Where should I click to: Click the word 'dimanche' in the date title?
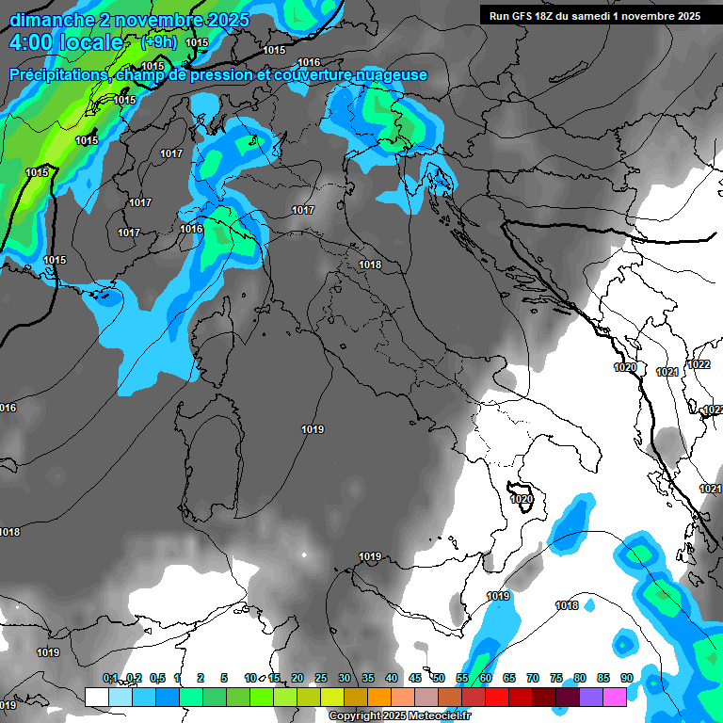52,20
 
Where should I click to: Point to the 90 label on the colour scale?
626,679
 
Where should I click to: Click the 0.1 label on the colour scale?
110,679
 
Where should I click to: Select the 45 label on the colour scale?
415,679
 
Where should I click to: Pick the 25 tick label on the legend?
321,679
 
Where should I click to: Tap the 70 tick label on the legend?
533,679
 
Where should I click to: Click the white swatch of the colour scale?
96,697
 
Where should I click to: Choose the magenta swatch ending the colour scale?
615,697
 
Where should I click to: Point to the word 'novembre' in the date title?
156,20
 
